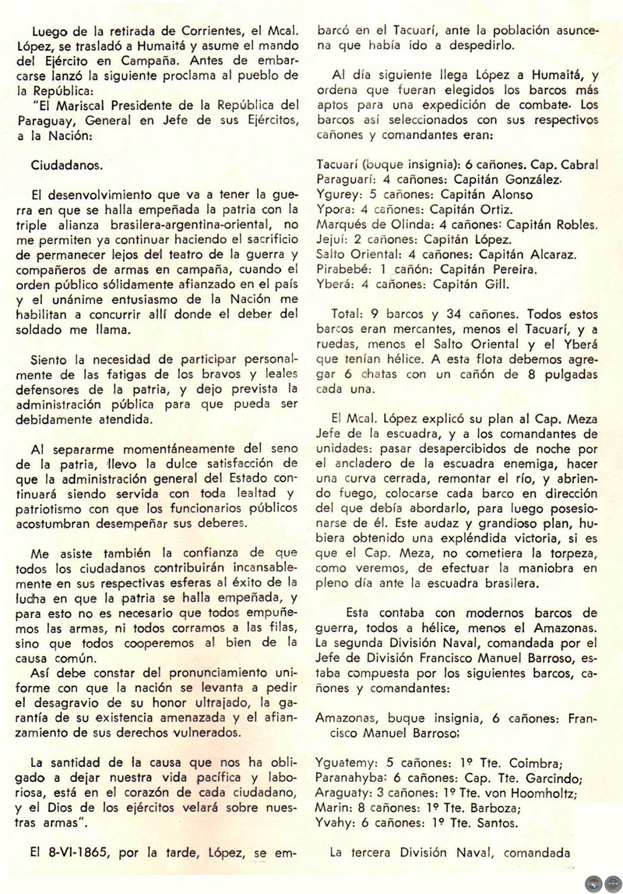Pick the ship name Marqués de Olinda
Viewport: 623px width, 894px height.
(369, 224)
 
